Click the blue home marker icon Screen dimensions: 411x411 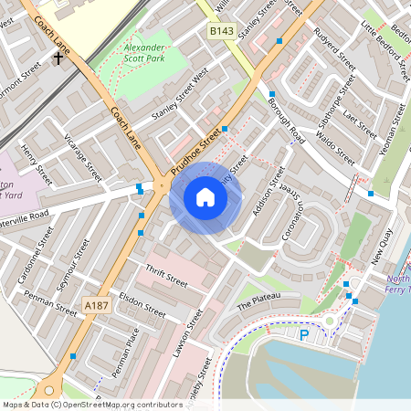(x=205, y=197)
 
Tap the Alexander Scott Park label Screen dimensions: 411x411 (x=143, y=52)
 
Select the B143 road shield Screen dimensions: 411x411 (x=221, y=31)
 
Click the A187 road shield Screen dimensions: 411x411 (x=95, y=304)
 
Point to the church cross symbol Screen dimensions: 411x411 (x=58, y=58)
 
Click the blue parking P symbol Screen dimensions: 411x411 (x=303, y=335)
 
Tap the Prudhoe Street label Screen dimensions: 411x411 (x=196, y=143)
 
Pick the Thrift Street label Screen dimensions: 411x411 (x=166, y=276)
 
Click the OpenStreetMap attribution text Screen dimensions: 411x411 (x=91, y=404)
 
